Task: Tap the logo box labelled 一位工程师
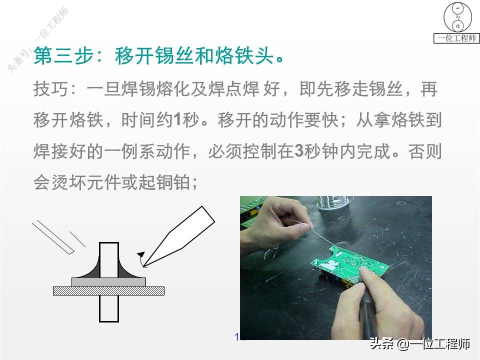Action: [x=456, y=22]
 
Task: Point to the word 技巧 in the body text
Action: [x=47, y=90]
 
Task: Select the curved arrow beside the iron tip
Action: [x=142, y=258]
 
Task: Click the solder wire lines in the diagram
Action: [x=55, y=235]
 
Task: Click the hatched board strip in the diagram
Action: [x=108, y=290]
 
